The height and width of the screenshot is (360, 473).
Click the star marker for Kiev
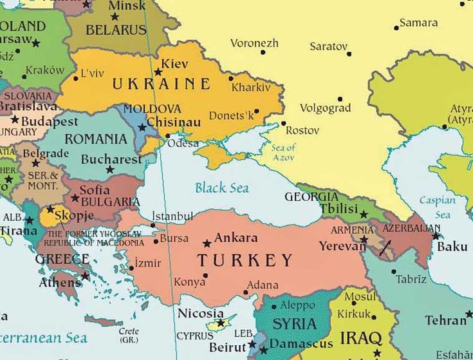coord(158,72)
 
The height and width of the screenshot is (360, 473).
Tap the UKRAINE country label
coord(161,84)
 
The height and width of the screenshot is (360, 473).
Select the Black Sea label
coord(221,188)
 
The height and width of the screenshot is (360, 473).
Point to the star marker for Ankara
coord(207,244)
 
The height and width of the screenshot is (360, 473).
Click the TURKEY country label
coord(245,261)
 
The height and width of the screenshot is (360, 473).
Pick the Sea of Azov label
coord(283,153)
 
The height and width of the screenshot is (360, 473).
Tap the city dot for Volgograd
coord(340,99)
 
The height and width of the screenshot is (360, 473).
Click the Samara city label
coord(418,23)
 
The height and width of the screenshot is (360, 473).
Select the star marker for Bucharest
coord(110,170)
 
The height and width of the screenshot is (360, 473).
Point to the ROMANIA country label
coord(96,139)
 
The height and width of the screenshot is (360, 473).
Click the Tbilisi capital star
coord(364,214)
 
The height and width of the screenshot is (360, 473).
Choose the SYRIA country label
coord(295,324)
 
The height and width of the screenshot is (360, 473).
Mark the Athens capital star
coord(85,276)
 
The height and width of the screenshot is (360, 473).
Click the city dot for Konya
coord(205,275)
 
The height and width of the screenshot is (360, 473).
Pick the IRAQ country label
coord(360,338)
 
